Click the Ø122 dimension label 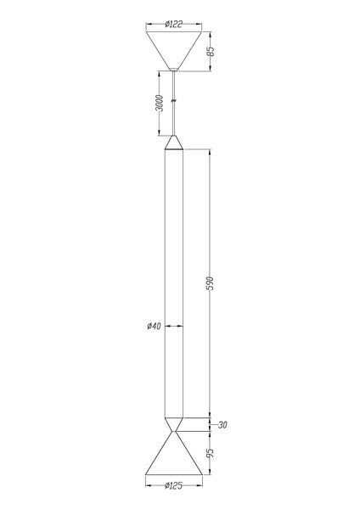coord(173,24)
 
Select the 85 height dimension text coord(211,51)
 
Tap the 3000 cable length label coord(160,103)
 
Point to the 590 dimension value coord(211,283)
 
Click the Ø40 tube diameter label coord(154,326)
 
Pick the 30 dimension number coord(222,425)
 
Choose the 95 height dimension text coord(211,452)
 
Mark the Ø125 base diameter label coord(173,485)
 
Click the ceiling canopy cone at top coord(174,48)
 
